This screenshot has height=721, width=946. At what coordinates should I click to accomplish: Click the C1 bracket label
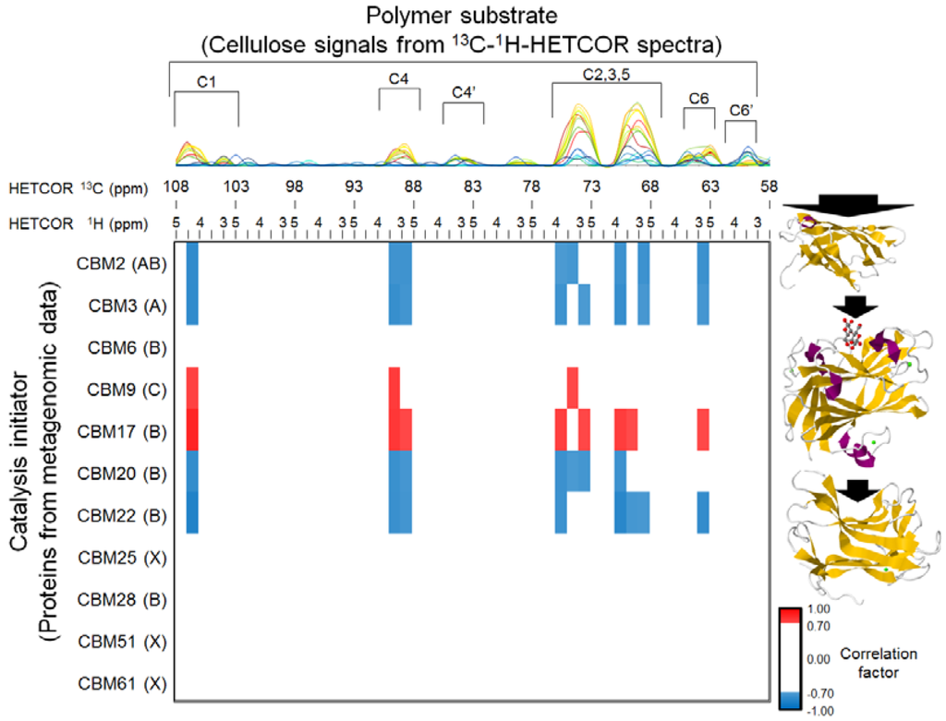pyautogui.click(x=206, y=81)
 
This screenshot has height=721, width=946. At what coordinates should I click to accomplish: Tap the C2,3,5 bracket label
pyautogui.click(x=606, y=72)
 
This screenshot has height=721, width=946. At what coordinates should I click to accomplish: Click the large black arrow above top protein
pyautogui.click(x=848, y=205)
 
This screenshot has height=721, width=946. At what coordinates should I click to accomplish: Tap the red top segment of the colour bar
pyautogui.click(x=789, y=614)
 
